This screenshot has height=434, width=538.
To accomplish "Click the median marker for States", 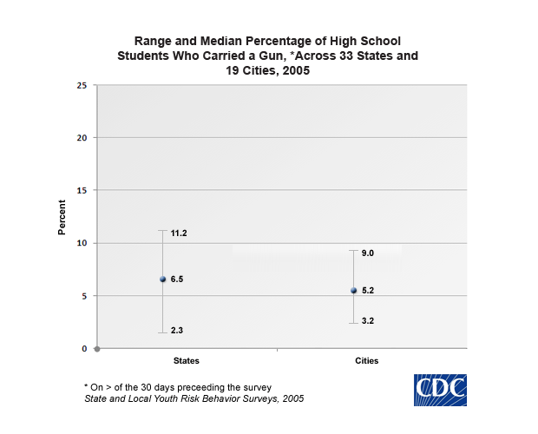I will pyautogui.click(x=162, y=279).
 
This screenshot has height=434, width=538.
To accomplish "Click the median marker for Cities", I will pyautogui.click(x=353, y=291).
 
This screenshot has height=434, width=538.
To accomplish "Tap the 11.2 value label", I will pyautogui.click(x=180, y=233).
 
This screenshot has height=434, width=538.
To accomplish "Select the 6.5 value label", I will pyautogui.click(x=177, y=279).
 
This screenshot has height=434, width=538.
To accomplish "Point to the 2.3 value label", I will pyautogui.click(x=177, y=331).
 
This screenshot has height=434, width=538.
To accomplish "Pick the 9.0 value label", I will pyautogui.click(x=368, y=253).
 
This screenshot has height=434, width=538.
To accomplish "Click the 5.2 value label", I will pyautogui.click(x=368, y=291).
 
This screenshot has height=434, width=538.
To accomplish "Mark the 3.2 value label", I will pyautogui.click(x=368, y=321).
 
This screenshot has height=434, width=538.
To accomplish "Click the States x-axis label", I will pyautogui.click(x=187, y=360).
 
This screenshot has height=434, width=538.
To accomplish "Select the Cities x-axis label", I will pyautogui.click(x=366, y=360).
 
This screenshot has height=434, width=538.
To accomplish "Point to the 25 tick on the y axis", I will pyautogui.click(x=82, y=85).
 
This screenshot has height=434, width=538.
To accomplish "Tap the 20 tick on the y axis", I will pyautogui.click(x=82, y=138).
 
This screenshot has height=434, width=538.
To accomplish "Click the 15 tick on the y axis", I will pyautogui.click(x=82, y=190).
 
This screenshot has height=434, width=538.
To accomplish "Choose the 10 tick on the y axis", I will pyautogui.click(x=82, y=243).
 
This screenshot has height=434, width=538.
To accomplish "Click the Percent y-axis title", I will pyautogui.click(x=62, y=217).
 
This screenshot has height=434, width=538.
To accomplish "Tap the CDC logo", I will pyautogui.click(x=440, y=390).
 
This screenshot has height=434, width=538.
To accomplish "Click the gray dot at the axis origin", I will pyautogui.click(x=96, y=349).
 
